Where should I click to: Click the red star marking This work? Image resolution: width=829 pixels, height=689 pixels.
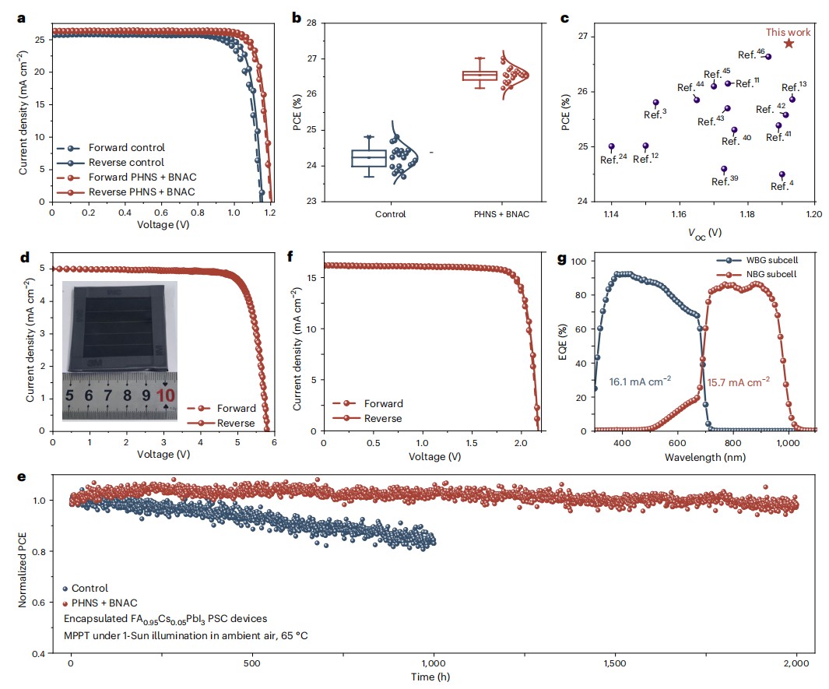point(789,44)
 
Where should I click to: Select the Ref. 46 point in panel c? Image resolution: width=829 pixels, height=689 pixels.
point(768,56)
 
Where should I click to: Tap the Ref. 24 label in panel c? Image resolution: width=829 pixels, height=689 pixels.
point(613,159)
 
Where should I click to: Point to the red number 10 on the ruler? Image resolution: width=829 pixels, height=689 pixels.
point(165,396)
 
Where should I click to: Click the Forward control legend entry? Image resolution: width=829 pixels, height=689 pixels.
point(117,148)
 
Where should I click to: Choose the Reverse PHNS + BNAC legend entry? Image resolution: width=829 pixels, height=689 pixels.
point(128,192)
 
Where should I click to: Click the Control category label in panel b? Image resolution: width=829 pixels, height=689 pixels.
point(389,214)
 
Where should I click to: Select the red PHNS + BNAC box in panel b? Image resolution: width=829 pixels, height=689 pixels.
point(479,76)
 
